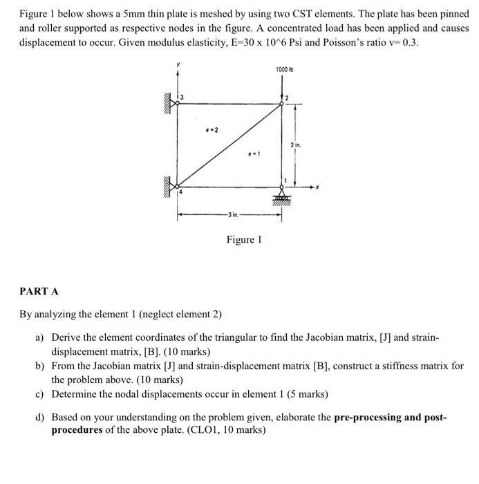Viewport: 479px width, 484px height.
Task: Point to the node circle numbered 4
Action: click(178, 186)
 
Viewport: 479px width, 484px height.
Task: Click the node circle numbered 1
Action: click(281, 186)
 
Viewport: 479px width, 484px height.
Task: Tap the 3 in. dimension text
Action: click(229, 215)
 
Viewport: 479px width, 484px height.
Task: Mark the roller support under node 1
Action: click(281, 196)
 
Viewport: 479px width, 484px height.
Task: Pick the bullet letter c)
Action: click(40, 394)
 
